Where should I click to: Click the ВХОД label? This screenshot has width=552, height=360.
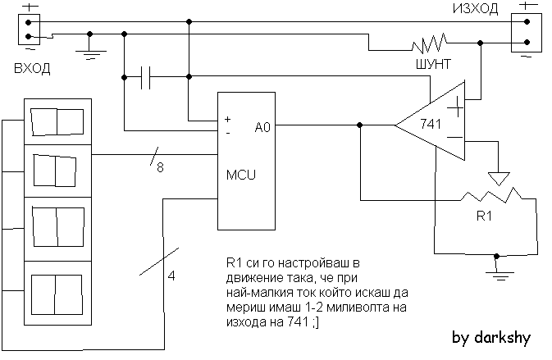[x=32, y=68]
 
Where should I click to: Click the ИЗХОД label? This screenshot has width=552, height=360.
[x=475, y=9]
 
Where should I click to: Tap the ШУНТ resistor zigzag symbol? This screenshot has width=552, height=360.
[x=429, y=43]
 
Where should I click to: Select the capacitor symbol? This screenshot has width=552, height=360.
[x=145, y=77]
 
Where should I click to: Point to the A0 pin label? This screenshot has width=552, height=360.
[x=262, y=127]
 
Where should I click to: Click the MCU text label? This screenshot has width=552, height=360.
[x=241, y=175]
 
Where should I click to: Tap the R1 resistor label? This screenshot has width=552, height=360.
[x=484, y=216]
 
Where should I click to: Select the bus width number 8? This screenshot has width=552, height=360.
[x=160, y=167]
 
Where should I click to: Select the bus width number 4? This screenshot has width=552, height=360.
[x=171, y=276]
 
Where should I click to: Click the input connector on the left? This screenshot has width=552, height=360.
[x=29, y=30]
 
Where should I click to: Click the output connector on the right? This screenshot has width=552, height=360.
[x=527, y=33]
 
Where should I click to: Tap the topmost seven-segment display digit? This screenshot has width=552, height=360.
[x=57, y=121]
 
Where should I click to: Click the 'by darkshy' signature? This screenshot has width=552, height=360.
[x=491, y=338]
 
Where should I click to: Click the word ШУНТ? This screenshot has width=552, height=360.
[x=433, y=64]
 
